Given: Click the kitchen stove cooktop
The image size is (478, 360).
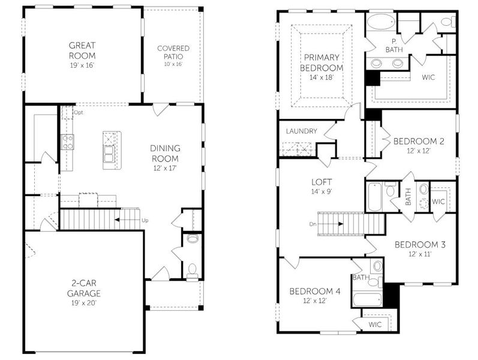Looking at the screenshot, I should point(67,142).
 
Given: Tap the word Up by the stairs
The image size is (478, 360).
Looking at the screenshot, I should point(145,220).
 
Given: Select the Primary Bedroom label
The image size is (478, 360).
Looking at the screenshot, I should point(321,62).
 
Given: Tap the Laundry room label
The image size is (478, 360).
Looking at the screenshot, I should point(301,131).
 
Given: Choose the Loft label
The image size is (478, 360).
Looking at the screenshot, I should point(321,182).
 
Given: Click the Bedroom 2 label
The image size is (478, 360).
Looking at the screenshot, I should point(419,142).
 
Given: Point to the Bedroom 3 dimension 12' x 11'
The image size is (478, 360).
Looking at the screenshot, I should point(419,254).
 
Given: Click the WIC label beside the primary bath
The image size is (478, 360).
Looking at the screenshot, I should point(428,77).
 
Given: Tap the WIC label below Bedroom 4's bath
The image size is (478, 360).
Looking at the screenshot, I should point(375,325).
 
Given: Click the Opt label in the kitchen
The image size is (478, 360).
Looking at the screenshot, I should point(78,112).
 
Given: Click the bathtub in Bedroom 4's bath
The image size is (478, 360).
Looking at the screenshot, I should point(365,298).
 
